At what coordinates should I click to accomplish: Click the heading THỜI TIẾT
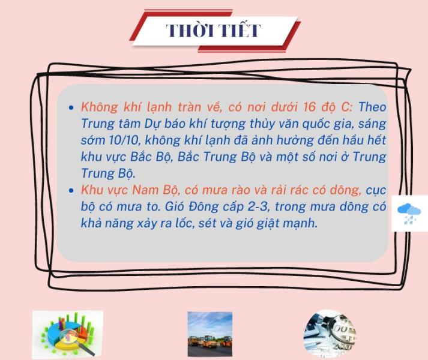pyautogui.click(x=213, y=30)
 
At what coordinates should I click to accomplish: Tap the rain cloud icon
pyautogui.click(x=409, y=214)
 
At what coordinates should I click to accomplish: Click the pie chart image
pyautogui.click(x=68, y=334)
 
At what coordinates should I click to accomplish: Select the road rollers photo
pyautogui.click(x=210, y=334)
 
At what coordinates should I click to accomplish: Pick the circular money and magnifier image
pyautogui.click(x=330, y=334)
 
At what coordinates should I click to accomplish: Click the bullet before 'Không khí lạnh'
pyautogui.click(x=71, y=107)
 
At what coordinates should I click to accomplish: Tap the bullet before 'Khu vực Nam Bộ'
pyautogui.click(x=71, y=191)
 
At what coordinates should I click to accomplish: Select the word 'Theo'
pyautogui.click(x=372, y=107)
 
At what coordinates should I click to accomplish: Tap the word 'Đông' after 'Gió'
pyautogui.click(x=203, y=206)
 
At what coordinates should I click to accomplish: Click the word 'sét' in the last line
pyautogui.click(x=206, y=224)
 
